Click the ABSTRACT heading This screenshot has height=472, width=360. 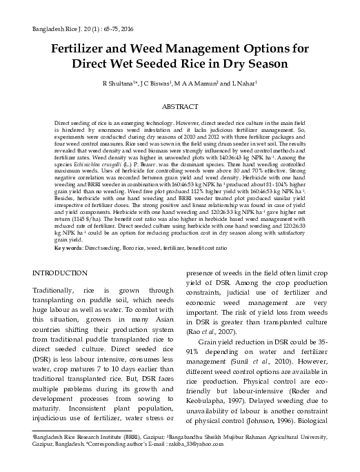[179, 108]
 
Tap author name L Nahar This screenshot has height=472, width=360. [243, 84]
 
